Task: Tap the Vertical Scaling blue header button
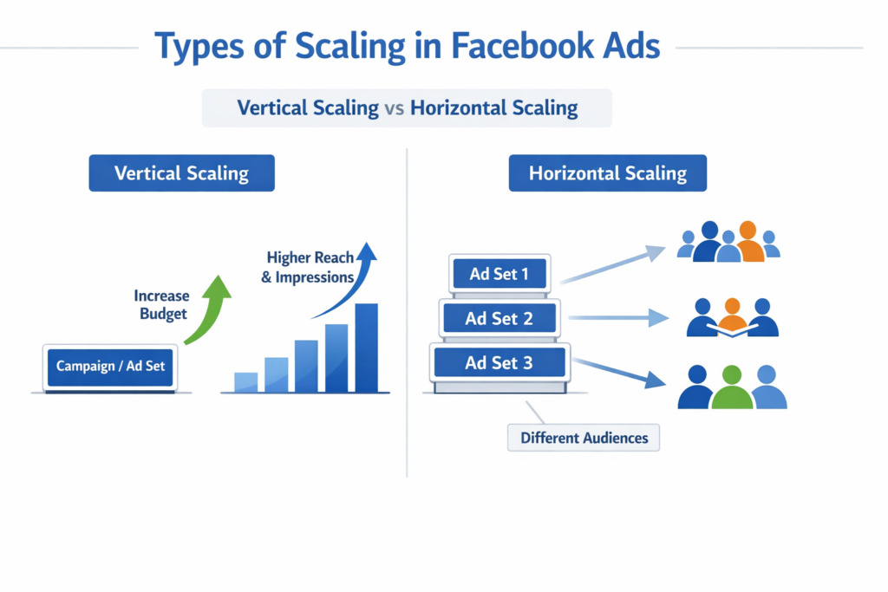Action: pyautogui.click(x=181, y=173)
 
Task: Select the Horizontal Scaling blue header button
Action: pyautogui.click(x=607, y=173)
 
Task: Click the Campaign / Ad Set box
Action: pyautogui.click(x=110, y=366)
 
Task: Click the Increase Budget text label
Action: pyautogui.click(x=162, y=304)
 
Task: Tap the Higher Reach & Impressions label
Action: pyautogui.click(x=310, y=267)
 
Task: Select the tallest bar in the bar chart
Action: pyautogui.click(x=366, y=348)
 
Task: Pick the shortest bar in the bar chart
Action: pyautogui.click(x=246, y=382)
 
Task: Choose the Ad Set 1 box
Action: pyautogui.click(x=499, y=275)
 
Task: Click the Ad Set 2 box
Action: pyautogui.click(x=499, y=318)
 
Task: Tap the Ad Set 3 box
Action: pyautogui.click(x=499, y=362)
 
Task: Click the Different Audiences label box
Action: pyautogui.click(x=584, y=438)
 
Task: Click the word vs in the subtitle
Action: pyautogui.click(x=395, y=108)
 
